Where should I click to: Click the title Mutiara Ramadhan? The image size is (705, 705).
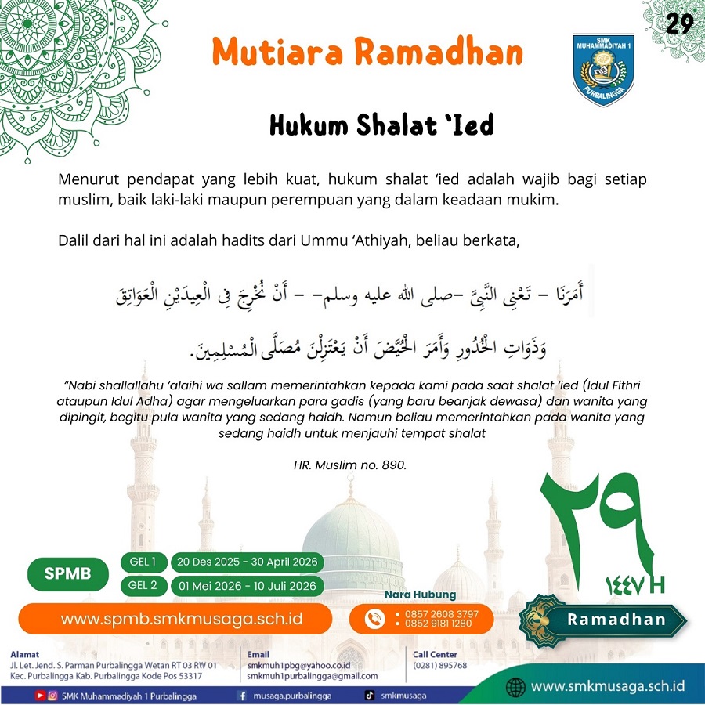tap(367, 53)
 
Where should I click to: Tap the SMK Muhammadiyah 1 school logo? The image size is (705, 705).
tap(603, 69)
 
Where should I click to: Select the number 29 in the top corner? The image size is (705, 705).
tap(679, 23)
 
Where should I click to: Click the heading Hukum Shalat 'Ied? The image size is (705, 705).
tap(381, 125)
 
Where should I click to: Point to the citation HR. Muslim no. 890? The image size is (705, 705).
tap(350, 465)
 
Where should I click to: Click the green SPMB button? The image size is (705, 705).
tap(67, 573)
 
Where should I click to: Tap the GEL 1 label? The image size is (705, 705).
tap(143, 562)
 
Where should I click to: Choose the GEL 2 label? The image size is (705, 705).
tap(143, 586)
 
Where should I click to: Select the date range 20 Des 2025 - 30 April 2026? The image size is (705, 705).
tap(248, 562)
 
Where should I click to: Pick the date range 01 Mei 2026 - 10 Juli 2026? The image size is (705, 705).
tap(248, 586)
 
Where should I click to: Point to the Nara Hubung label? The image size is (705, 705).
tap(420, 595)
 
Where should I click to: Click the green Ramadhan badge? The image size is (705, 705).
tap(616, 620)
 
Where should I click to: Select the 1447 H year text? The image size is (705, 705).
tap(634, 584)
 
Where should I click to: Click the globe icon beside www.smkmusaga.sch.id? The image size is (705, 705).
tap(515, 687)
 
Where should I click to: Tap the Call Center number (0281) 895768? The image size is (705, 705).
tap(440, 666)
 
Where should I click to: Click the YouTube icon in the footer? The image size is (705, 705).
tap(40, 696)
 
